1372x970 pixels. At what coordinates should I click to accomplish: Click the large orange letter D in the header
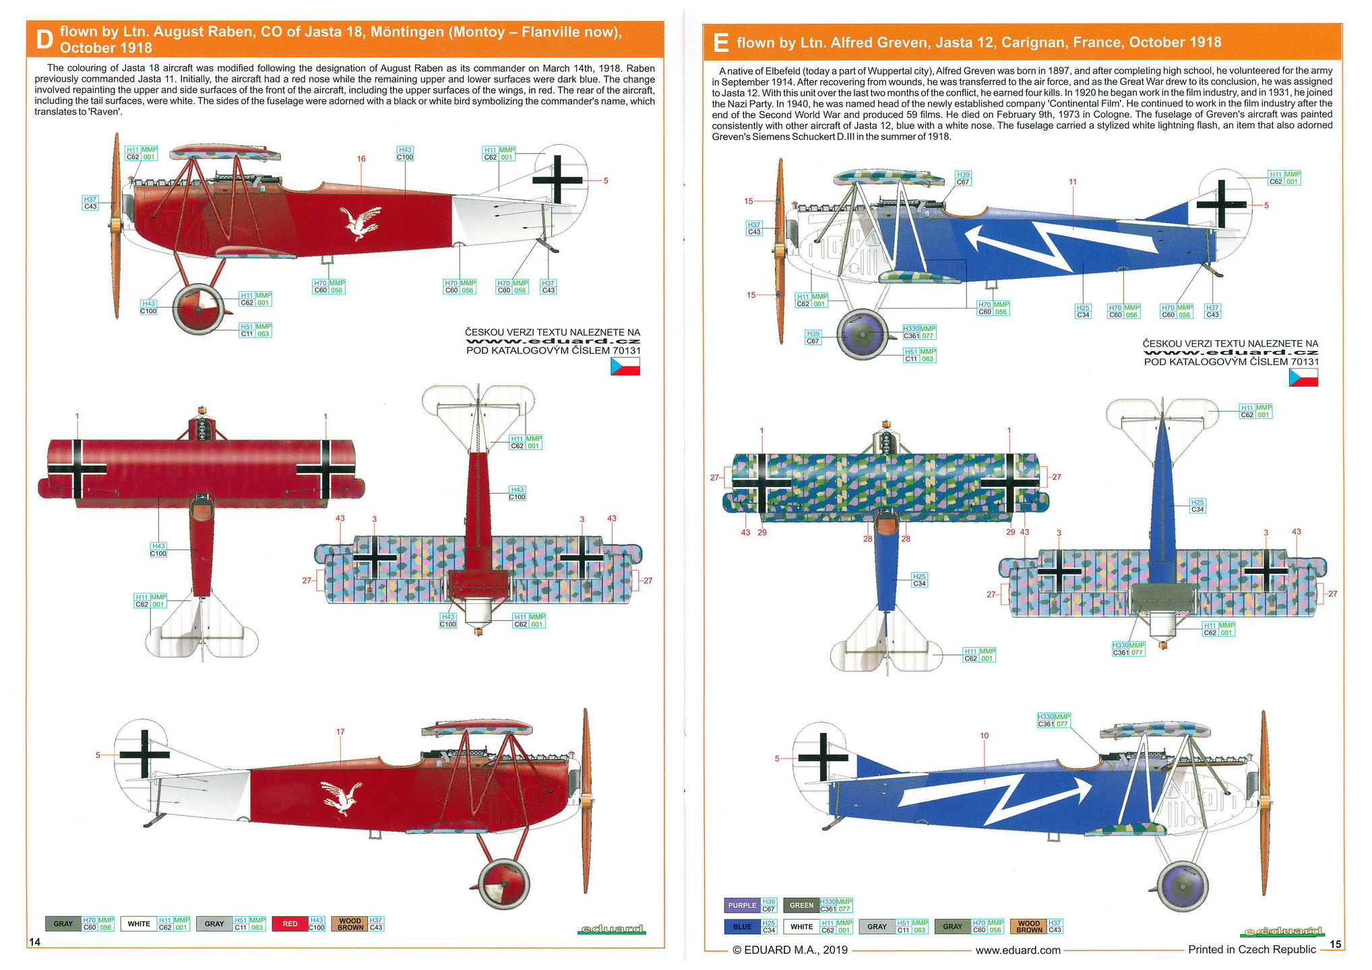tap(44, 40)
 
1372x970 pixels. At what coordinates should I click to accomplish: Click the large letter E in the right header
tap(720, 43)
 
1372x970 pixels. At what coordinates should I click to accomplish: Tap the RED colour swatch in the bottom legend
tap(290, 924)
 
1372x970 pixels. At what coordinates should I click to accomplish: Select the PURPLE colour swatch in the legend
tap(742, 905)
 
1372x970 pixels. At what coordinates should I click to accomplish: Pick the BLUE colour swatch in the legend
tap(742, 927)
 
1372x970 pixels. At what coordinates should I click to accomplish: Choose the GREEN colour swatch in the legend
tap(801, 905)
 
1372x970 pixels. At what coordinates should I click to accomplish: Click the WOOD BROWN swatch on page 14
tap(350, 924)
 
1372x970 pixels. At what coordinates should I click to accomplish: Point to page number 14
tap(34, 942)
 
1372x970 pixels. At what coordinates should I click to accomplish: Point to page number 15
tap(1336, 944)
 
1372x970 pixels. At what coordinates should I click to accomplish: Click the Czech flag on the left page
tap(625, 366)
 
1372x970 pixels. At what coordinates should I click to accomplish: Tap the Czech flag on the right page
tap(1303, 378)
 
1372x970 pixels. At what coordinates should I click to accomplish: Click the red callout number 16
tap(361, 159)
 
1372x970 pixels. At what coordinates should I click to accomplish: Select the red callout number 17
tap(340, 732)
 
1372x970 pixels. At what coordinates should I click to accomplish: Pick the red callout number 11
tap(1073, 182)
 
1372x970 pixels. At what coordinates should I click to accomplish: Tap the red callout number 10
tap(985, 736)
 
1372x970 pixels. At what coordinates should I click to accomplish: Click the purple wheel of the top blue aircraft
tap(862, 334)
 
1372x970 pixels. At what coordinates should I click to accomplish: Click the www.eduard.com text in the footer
tap(1018, 950)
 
